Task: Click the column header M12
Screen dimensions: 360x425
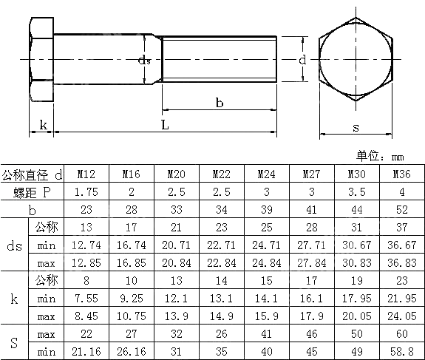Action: [x=86, y=174]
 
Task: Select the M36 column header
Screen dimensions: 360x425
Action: [x=401, y=174]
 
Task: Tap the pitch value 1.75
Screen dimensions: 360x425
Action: [x=86, y=192]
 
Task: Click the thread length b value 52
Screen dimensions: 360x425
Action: [x=401, y=209]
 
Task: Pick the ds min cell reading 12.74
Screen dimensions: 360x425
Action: [x=86, y=244]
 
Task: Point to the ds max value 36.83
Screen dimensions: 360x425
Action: [x=401, y=262]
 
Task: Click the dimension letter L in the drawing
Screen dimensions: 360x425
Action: [x=164, y=125]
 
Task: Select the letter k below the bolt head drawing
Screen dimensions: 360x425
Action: [x=43, y=125]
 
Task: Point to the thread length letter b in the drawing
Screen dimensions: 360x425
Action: [x=220, y=103]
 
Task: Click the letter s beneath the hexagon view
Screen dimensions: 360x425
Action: [x=356, y=127]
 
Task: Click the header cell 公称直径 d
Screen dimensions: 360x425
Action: [x=33, y=174]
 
